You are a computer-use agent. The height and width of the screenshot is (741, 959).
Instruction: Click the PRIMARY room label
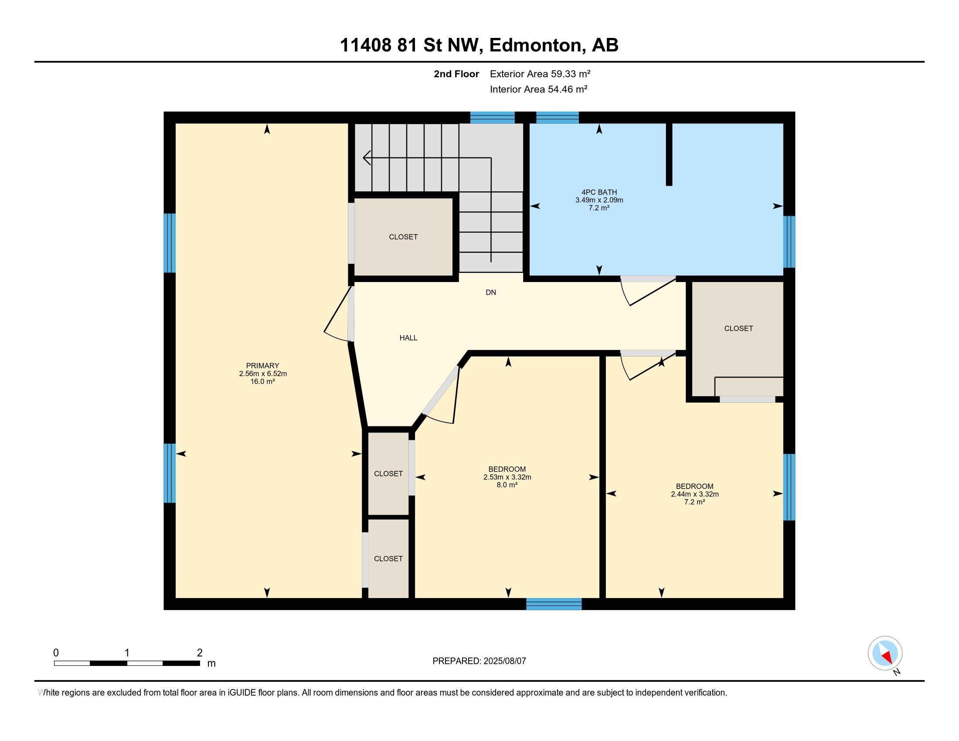[x=262, y=366]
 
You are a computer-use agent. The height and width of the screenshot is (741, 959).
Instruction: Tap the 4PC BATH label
[x=599, y=192]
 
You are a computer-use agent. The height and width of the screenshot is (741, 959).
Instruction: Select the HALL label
[x=408, y=338]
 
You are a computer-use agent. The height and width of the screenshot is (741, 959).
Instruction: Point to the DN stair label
[x=491, y=292]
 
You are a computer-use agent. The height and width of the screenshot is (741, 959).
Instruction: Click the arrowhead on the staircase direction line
[x=367, y=158]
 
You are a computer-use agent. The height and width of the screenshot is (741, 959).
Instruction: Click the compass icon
[x=885, y=653]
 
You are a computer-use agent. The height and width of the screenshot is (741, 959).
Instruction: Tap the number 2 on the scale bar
[x=200, y=653]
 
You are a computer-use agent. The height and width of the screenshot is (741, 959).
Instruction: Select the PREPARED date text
[x=479, y=661]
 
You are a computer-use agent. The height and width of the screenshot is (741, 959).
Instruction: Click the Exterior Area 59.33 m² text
[x=540, y=74]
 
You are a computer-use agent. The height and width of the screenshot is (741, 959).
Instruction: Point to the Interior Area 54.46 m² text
[x=539, y=89]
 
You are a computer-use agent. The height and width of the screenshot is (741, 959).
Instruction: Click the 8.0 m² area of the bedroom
[x=507, y=485]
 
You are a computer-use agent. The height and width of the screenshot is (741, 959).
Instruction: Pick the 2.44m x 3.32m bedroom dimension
[x=695, y=494]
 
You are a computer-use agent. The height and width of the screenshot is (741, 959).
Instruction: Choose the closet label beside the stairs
[x=403, y=237]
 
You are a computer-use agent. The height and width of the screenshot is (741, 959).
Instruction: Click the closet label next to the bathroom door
[x=738, y=328]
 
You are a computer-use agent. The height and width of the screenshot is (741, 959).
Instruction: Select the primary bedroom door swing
[x=338, y=314]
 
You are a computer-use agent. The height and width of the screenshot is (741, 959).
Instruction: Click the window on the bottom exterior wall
[x=554, y=604]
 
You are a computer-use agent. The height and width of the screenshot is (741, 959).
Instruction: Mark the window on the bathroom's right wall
[x=789, y=241]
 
